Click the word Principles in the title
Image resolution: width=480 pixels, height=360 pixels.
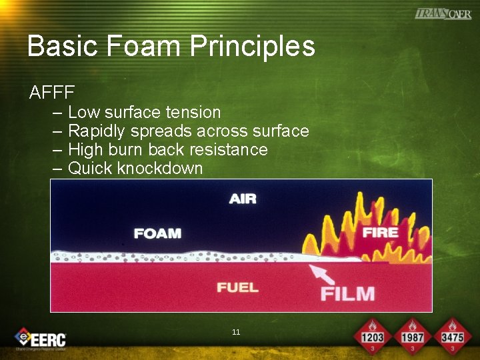coord(253,47)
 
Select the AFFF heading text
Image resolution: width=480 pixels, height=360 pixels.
coord(52,92)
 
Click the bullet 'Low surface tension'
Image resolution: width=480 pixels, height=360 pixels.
coord(144,112)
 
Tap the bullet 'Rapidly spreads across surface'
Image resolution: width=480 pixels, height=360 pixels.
coord(188,131)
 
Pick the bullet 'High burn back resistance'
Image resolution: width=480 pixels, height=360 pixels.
coord(167,149)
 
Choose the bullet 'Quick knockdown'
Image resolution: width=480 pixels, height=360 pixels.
coord(135,168)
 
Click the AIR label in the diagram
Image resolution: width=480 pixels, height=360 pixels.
coord(243,199)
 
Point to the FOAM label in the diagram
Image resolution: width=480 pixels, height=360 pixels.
coord(157,233)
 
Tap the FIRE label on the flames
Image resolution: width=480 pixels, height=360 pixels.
coord(380,232)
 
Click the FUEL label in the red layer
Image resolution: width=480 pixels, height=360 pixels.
coord(238,287)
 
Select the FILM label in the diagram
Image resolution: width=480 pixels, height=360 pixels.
coord(347,293)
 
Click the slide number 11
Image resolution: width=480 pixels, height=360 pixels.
coord(236,332)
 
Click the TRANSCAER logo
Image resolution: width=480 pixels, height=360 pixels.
coord(443,13)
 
